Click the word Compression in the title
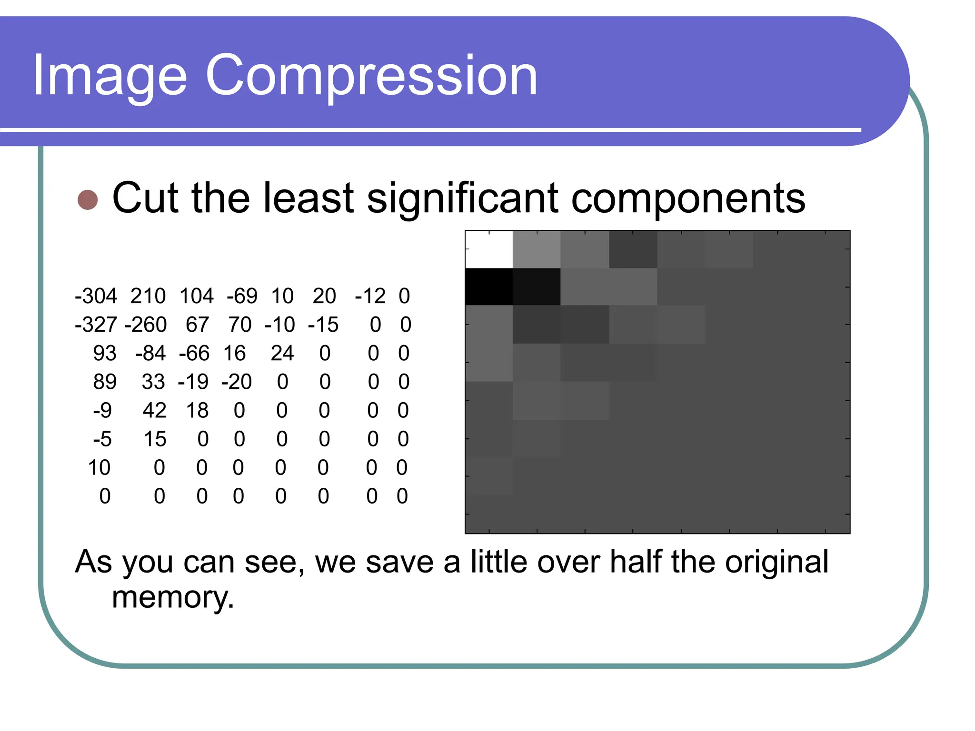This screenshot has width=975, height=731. [371, 76]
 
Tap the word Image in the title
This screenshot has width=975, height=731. [109, 76]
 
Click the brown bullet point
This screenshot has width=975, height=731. [88, 200]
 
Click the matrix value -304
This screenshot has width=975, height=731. [96, 296]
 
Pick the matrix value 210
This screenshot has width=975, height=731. [148, 296]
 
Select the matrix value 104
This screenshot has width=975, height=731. [197, 296]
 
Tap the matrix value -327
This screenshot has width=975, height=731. [96, 325]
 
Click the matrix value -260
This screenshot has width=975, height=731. [146, 325]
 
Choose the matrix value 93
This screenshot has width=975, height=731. [105, 353]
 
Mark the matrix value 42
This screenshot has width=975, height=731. [154, 410]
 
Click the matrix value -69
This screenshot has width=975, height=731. [242, 296]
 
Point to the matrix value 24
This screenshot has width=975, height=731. [282, 353]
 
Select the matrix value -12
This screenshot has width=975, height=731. [370, 296]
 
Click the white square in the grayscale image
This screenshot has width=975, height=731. [489, 249]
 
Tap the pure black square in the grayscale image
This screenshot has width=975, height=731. [489, 286]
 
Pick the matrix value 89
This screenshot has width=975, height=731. [105, 382]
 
